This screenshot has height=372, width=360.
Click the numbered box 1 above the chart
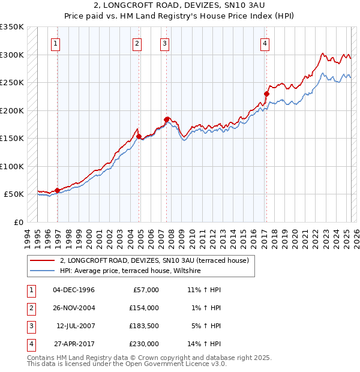pyautogui.click(x=55, y=43)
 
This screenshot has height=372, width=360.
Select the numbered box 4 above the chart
pyautogui.click(x=265, y=43)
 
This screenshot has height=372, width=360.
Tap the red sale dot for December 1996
pyautogui.click(x=58, y=190)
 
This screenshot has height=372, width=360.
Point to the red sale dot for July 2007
pyautogui.click(x=166, y=119)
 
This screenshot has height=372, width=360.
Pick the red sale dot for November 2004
pyautogui.click(x=139, y=136)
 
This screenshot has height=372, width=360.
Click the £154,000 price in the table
pyautogui.click(x=145, y=308)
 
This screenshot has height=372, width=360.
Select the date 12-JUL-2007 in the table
pyautogui.click(x=76, y=326)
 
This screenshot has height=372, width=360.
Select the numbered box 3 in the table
pyautogui.click(x=30, y=326)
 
